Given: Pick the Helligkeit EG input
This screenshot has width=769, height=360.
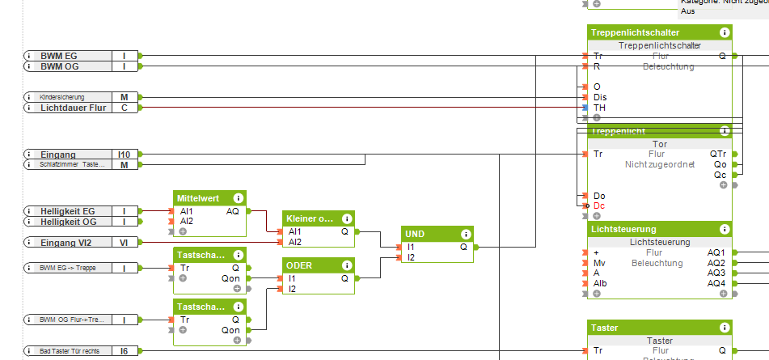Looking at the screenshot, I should (68, 211).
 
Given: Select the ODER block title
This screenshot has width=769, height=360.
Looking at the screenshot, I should (299, 265).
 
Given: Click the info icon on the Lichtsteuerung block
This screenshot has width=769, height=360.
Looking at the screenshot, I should (725, 230).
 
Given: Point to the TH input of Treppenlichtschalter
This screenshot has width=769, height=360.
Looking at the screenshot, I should (599, 108).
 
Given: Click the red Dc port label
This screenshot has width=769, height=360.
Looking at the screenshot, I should (599, 205).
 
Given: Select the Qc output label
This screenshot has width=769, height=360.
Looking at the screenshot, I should (720, 174).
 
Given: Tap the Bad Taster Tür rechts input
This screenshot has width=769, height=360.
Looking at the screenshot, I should (68, 350).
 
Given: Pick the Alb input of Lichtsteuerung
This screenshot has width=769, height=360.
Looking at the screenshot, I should (600, 283).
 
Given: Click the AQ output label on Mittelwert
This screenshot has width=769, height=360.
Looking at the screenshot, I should (233, 210).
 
